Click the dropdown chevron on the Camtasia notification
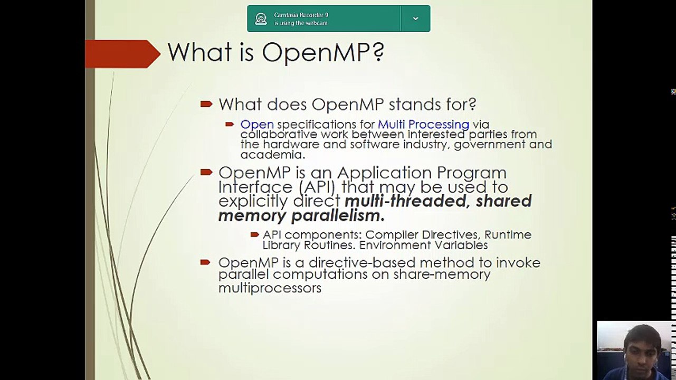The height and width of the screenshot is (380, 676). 415,18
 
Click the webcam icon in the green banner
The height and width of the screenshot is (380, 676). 261,18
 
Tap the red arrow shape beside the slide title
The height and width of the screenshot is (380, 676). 123,54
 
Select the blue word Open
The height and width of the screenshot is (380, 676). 257,125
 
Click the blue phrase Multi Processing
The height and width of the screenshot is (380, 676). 423,125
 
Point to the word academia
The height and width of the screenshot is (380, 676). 273,155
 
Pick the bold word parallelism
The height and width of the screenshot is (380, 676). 338,216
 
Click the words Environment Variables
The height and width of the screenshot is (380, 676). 423,245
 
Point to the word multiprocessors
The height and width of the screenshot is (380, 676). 270,288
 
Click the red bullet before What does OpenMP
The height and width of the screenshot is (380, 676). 206,104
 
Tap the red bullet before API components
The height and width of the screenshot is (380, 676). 255,234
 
